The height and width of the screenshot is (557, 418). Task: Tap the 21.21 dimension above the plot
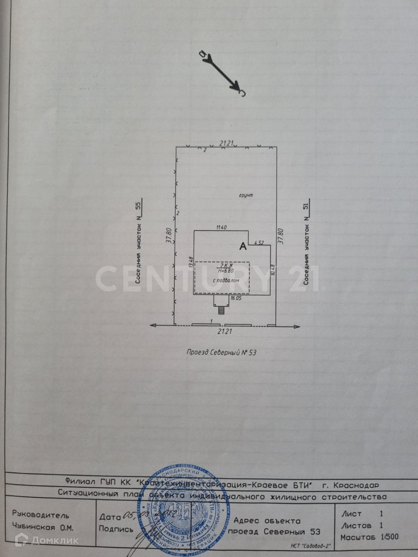[226, 144]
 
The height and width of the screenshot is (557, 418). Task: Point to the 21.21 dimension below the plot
[225, 331]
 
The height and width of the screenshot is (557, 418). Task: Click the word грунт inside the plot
[246, 195]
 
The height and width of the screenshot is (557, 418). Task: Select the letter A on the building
[243, 246]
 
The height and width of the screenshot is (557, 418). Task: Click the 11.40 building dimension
[221, 228]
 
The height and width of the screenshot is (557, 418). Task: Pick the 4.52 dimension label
[259, 243]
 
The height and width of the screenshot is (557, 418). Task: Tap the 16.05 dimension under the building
[236, 298]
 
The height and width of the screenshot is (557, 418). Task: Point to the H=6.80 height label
[226, 271]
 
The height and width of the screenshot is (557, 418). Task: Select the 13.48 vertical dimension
[190, 262]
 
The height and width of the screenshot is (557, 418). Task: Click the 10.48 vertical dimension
[273, 270]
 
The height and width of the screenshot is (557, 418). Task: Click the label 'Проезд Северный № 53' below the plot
[221, 352]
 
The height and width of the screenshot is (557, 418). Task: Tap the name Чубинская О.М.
[43, 527]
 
